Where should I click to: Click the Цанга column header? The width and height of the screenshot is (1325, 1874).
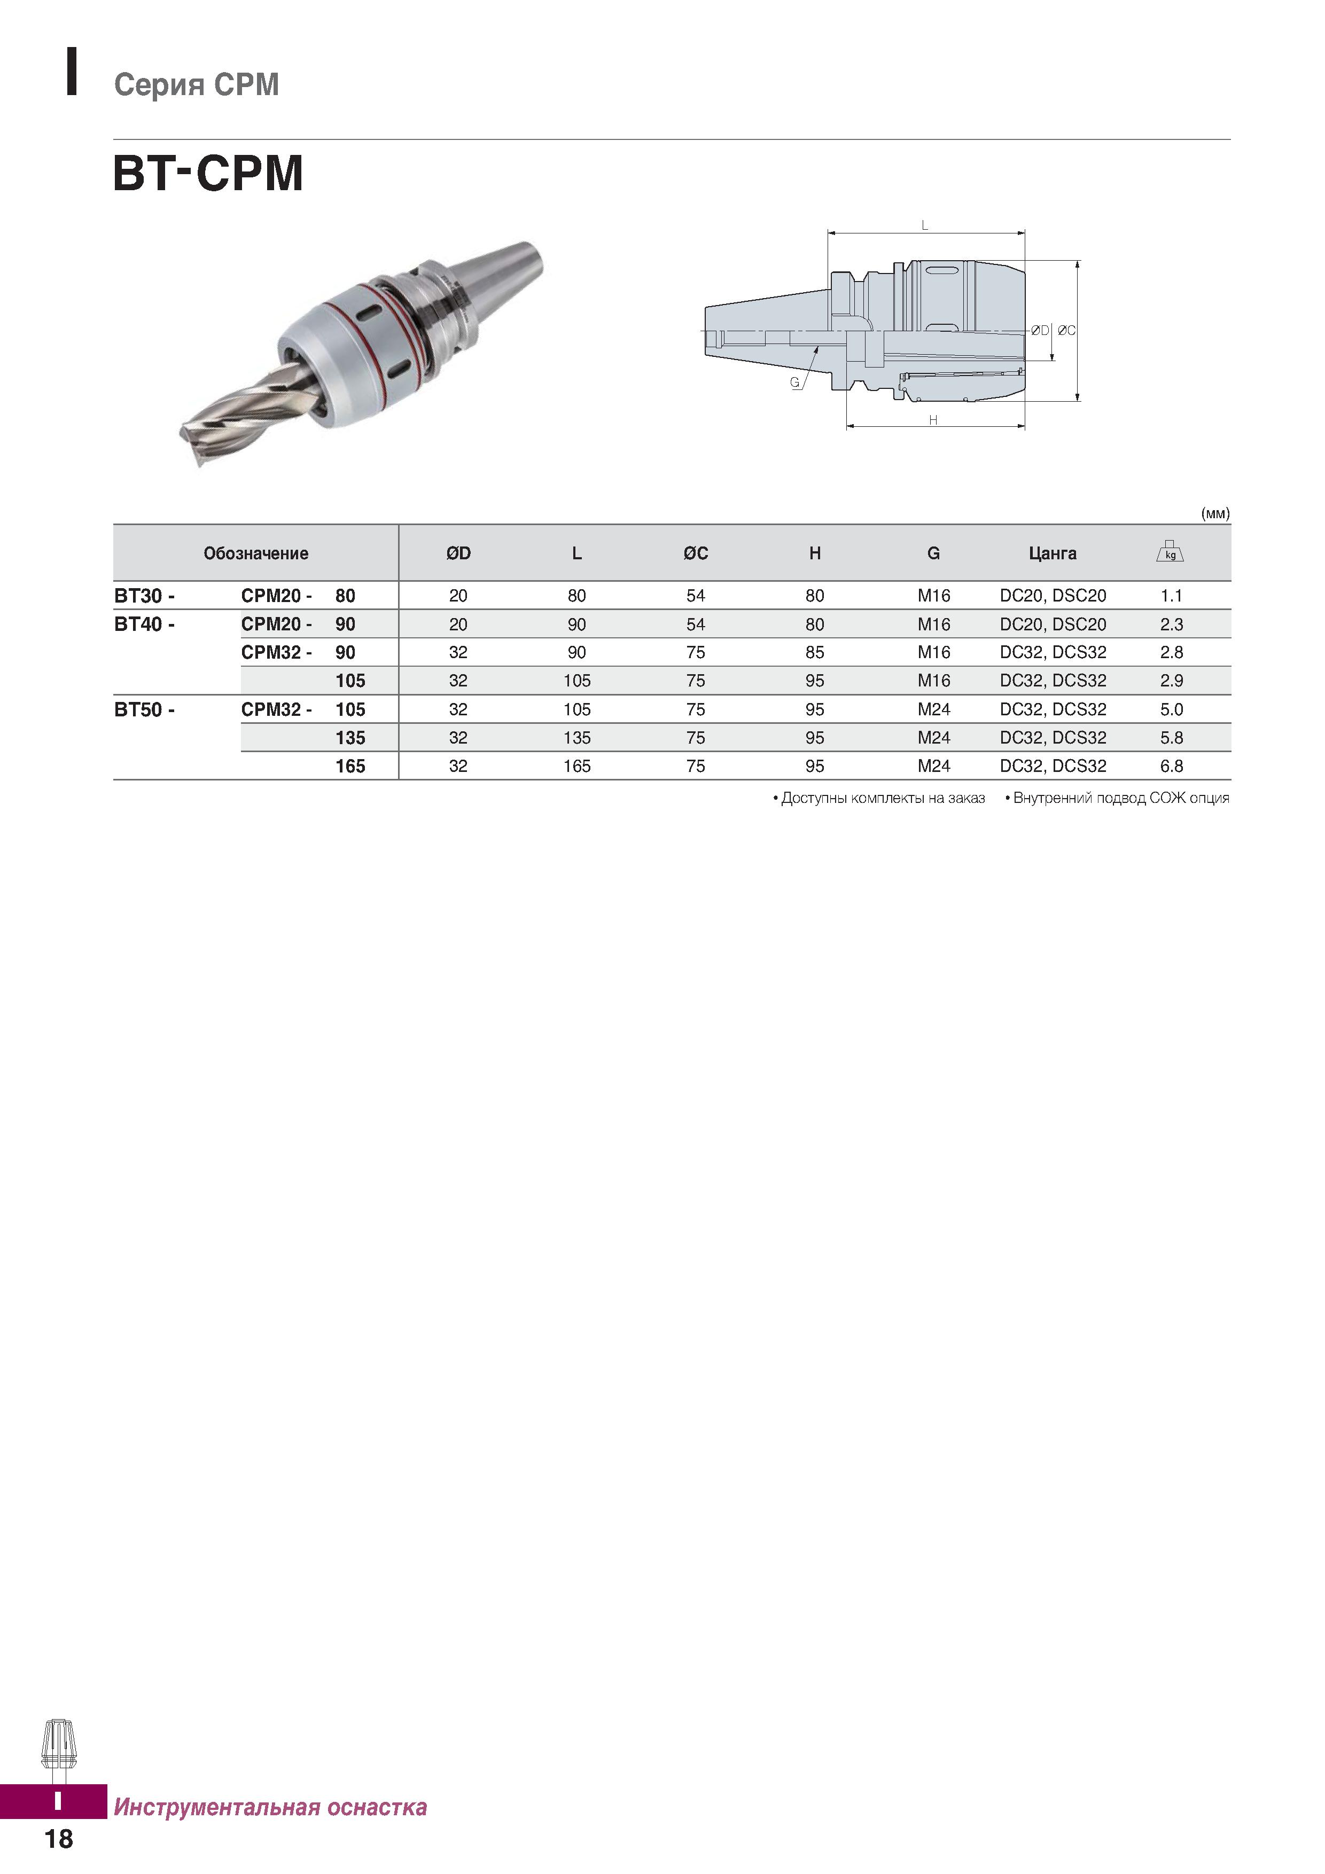pyautogui.click(x=1053, y=553)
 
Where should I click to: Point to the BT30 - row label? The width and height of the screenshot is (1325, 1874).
pyautogui.click(x=144, y=596)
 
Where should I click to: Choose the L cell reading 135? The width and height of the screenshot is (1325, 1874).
pyautogui.click(x=576, y=738)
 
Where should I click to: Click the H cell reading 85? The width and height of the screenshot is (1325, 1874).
pyautogui.click(x=815, y=653)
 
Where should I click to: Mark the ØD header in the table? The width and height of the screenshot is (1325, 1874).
pyautogui.click(x=458, y=553)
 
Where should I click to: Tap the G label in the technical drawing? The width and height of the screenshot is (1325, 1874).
pyautogui.click(x=794, y=382)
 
